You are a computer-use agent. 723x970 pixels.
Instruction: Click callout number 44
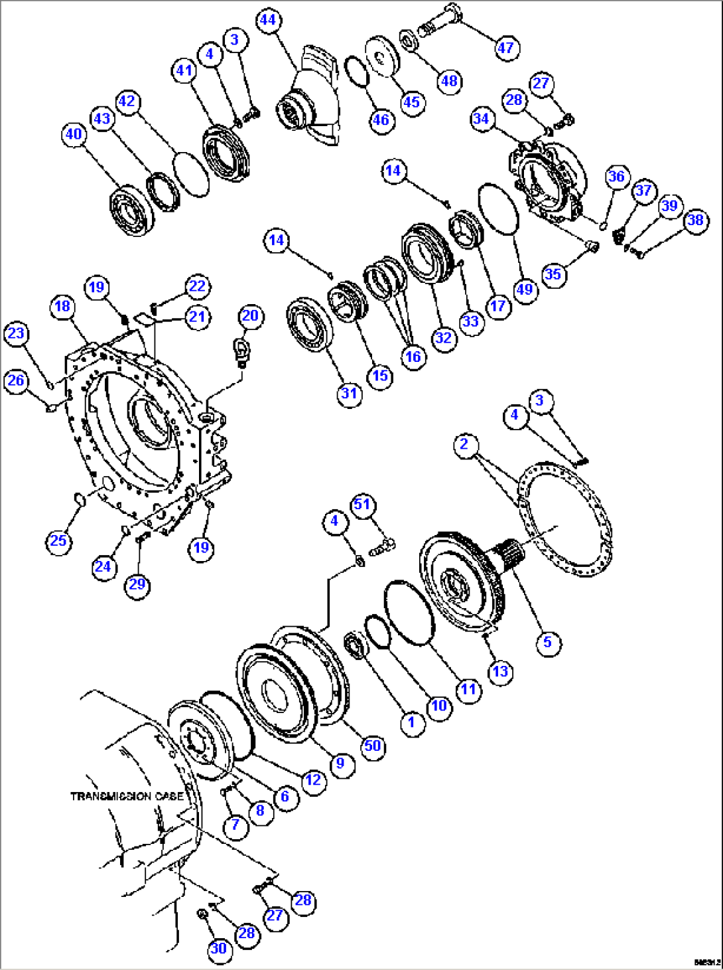pyautogui.click(x=267, y=20)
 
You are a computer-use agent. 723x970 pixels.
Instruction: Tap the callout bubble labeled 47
pyautogui.click(x=505, y=47)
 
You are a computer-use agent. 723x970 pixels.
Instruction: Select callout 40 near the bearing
pyautogui.click(x=74, y=134)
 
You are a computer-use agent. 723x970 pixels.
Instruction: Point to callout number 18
pyautogui.click(x=62, y=306)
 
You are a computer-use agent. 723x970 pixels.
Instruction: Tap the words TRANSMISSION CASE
pyautogui.click(x=127, y=795)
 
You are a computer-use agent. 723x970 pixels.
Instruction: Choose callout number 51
pyautogui.click(x=361, y=505)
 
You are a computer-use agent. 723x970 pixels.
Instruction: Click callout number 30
pyautogui.click(x=218, y=949)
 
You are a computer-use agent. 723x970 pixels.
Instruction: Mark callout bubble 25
pyautogui.click(x=58, y=540)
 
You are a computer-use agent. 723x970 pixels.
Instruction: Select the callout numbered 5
pyautogui.click(x=547, y=642)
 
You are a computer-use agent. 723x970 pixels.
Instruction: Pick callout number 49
pyautogui.click(x=525, y=289)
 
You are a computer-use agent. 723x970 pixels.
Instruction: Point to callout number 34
pyautogui.click(x=481, y=119)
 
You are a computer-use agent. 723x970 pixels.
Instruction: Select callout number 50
pyautogui.click(x=372, y=746)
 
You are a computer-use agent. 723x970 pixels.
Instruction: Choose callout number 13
pyautogui.click(x=499, y=671)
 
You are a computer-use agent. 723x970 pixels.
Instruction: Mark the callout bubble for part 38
pyautogui.click(x=695, y=220)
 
